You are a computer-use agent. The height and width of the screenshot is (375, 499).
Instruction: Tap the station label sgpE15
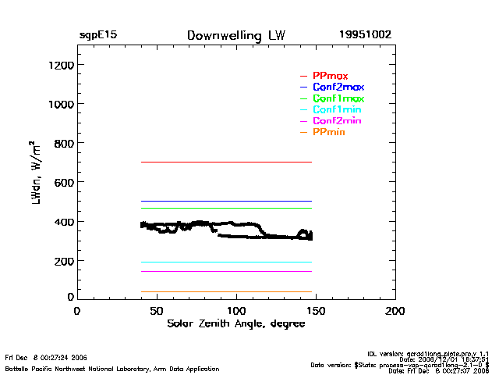point(97,36)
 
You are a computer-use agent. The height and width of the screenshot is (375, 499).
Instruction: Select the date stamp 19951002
point(365,36)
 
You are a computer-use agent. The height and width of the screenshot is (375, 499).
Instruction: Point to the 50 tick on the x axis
point(157,311)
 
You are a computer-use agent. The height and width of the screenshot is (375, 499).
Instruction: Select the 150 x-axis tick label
point(316,311)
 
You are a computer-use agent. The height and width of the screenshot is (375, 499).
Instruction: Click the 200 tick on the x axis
point(395,311)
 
